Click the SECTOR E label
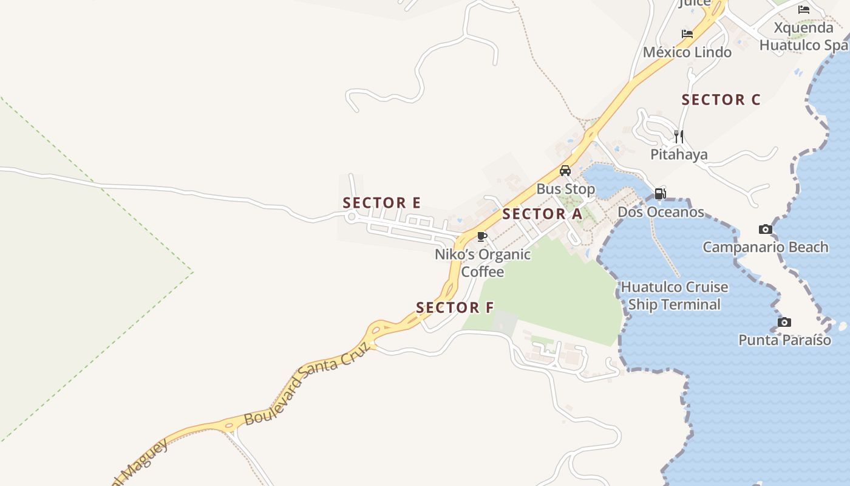[x=381, y=203]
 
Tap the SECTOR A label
[x=542, y=214]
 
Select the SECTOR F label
[x=455, y=308]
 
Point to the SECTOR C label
[x=721, y=100]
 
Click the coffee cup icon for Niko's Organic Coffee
[x=482, y=236]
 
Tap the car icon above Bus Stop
[x=565, y=171]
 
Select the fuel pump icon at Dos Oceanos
[x=660, y=194]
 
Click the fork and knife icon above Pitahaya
[x=679, y=136]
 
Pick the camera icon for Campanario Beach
[x=766, y=229]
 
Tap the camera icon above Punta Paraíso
[x=784, y=322]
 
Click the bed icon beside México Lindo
[x=687, y=34]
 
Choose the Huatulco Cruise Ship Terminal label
[x=674, y=295]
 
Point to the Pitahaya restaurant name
[x=679, y=154]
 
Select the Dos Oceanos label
[x=661, y=212]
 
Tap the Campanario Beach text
[x=765, y=247]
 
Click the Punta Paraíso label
[x=784, y=340]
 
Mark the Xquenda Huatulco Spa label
[x=804, y=36]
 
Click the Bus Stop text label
[x=565, y=189]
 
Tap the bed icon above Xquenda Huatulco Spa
[x=804, y=10]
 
